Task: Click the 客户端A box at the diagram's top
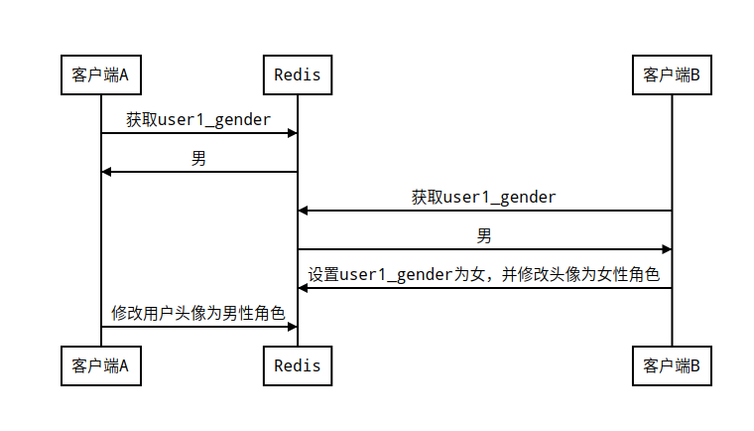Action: pos(100,74)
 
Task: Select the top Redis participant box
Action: pos(298,74)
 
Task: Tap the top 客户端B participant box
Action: pos(672,74)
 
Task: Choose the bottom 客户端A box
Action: pos(100,365)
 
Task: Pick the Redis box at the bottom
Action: pos(298,365)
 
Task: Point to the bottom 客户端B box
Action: pos(672,365)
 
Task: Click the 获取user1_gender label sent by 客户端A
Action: pos(198,120)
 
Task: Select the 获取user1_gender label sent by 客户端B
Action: pos(484,198)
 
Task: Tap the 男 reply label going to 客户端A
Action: pos(198,159)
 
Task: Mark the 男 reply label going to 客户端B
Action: pos(484,236)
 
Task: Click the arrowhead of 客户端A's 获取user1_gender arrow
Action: pos(293,133)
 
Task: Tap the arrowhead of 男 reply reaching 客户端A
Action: pos(106,172)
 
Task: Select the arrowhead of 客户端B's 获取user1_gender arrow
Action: pos(304,211)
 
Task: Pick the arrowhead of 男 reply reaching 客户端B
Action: pos(667,249)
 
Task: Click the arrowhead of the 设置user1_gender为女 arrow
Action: pos(304,288)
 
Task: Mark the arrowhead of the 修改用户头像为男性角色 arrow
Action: pos(293,327)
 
